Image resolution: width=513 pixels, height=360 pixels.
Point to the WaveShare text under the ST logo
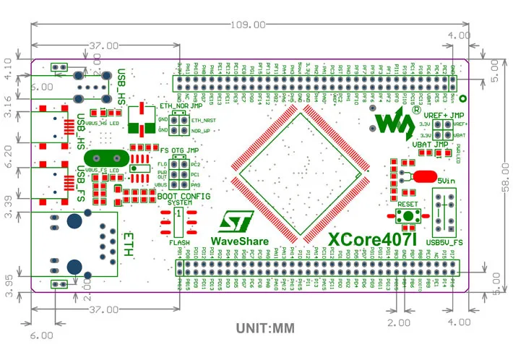[239, 241]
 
